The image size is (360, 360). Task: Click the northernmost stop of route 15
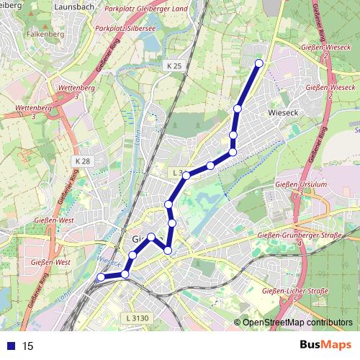point(259,63)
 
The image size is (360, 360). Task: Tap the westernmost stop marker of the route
point(101,277)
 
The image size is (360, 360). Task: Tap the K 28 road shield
point(81,161)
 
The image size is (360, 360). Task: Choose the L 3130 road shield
point(136,318)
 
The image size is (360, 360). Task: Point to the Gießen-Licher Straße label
point(296,291)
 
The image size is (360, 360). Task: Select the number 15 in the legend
point(28,346)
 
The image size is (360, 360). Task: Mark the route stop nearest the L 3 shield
point(186,175)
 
